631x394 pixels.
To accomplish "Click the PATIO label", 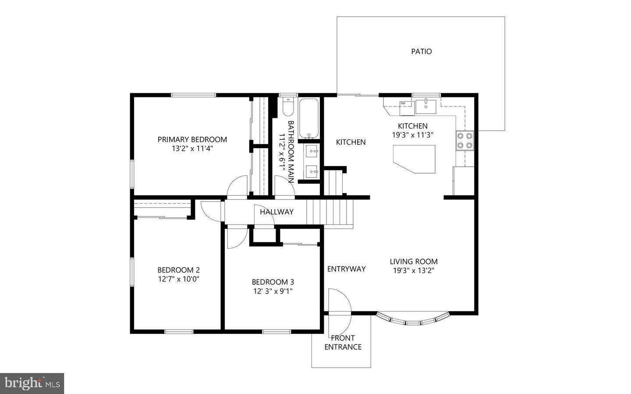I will click(x=421, y=52).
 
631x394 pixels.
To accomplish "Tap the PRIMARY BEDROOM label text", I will click(x=192, y=140).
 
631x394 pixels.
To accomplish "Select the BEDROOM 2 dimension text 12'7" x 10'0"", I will click(x=179, y=279).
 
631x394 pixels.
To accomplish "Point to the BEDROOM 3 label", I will click(x=273, y=282).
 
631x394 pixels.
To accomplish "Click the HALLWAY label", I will click(x=277, y=212).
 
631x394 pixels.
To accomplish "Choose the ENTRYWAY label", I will click(x=346, y=269).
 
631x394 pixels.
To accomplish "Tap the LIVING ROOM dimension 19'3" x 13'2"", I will click(x=414, y=271).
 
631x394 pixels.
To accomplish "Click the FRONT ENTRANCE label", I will click(x=343, y=343).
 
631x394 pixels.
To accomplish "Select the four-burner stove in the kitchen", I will click(x=464, y=140).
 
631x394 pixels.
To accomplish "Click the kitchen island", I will click(x=415, y=158).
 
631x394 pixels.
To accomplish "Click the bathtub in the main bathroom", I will click(x=309, y=119).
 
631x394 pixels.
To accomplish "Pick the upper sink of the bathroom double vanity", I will click(x=312, y=152).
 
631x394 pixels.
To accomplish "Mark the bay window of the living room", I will click(x=413, y=319).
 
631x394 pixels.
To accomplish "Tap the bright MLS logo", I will click(x=32, y=383).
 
